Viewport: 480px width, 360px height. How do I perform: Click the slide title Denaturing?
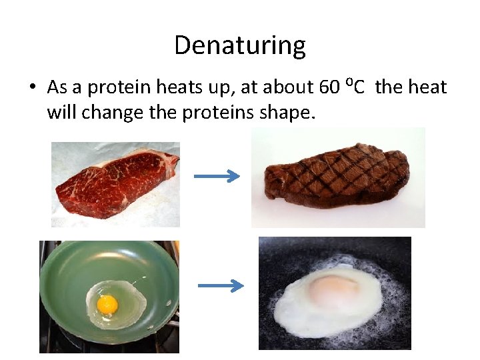240,46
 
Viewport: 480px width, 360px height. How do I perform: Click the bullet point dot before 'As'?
33,88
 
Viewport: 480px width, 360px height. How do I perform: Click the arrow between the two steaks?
217,177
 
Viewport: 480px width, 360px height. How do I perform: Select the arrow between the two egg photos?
221,285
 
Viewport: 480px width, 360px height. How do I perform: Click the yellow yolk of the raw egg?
107,305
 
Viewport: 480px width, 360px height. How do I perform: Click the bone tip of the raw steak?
175,158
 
